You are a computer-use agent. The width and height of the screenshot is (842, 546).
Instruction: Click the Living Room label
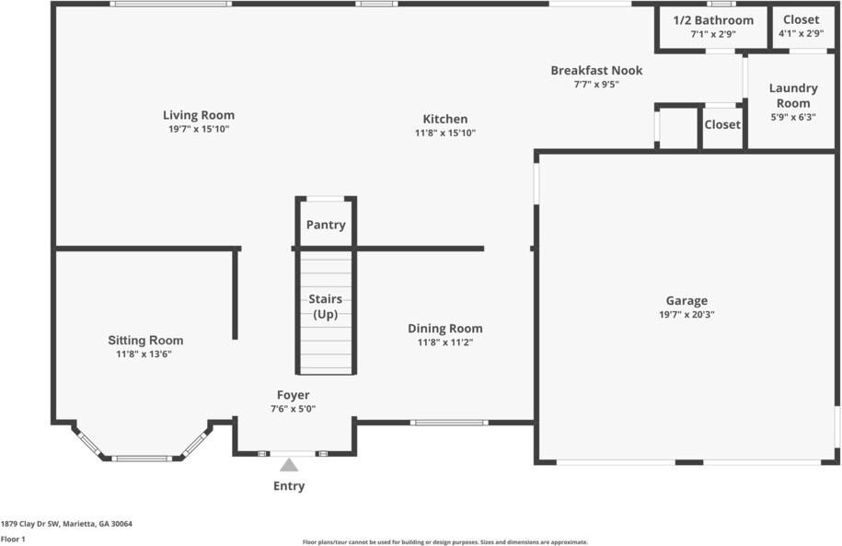coord(199,115)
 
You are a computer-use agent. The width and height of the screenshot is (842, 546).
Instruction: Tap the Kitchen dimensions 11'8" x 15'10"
coord(445,133)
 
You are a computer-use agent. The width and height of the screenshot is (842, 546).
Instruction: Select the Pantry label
coord(326,225)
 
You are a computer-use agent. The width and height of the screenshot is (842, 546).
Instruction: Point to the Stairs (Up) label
coord(326,307)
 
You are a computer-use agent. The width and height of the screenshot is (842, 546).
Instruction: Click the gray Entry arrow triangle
coord(289,465)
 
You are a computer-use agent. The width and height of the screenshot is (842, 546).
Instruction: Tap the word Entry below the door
coord(289,486)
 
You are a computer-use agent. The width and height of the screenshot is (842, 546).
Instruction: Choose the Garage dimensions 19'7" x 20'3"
coord(686,314)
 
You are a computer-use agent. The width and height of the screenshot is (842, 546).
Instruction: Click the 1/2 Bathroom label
coord(713,20)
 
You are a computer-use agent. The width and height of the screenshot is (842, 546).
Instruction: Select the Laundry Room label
coord(793,95)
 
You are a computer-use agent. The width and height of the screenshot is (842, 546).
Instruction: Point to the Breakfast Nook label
coord(596,70)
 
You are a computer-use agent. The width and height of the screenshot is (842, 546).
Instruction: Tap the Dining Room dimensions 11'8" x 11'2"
coord(445,343)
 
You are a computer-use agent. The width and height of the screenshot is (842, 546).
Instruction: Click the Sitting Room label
coord(145,340)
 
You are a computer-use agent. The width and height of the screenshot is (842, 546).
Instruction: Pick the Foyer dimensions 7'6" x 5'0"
coord(294,409)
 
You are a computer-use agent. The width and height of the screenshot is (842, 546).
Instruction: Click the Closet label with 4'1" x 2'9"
coord(802,19)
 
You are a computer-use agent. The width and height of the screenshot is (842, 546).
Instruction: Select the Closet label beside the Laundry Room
coord(722,124)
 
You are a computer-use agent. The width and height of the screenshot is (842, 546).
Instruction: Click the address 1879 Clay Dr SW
coord(30,524)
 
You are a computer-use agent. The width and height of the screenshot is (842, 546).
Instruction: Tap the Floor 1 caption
coord(13,539)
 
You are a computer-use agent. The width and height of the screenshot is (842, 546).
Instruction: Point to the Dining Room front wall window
coord(449,423)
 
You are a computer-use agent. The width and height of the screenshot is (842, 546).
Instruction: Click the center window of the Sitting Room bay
coord(142,459)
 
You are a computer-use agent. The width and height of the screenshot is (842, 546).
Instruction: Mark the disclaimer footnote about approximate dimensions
coord(445,542)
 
